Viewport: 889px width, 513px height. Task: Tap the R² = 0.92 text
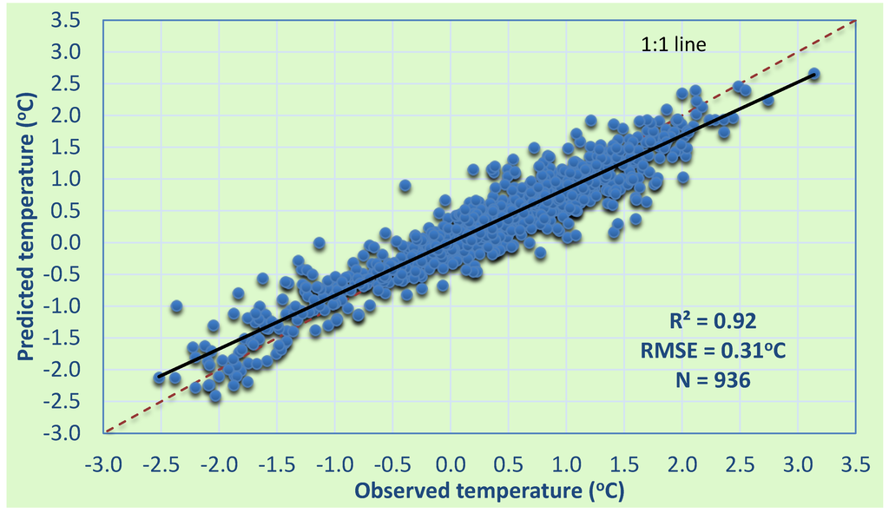point(721,321)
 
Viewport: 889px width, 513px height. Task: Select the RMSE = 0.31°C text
point(721,350)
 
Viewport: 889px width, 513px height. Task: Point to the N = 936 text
point(721,379)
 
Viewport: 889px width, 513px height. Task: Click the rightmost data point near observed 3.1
point(813,75)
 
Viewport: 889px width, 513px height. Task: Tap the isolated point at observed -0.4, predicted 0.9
point(405,186)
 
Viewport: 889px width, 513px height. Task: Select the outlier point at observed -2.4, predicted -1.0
point(176,306)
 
